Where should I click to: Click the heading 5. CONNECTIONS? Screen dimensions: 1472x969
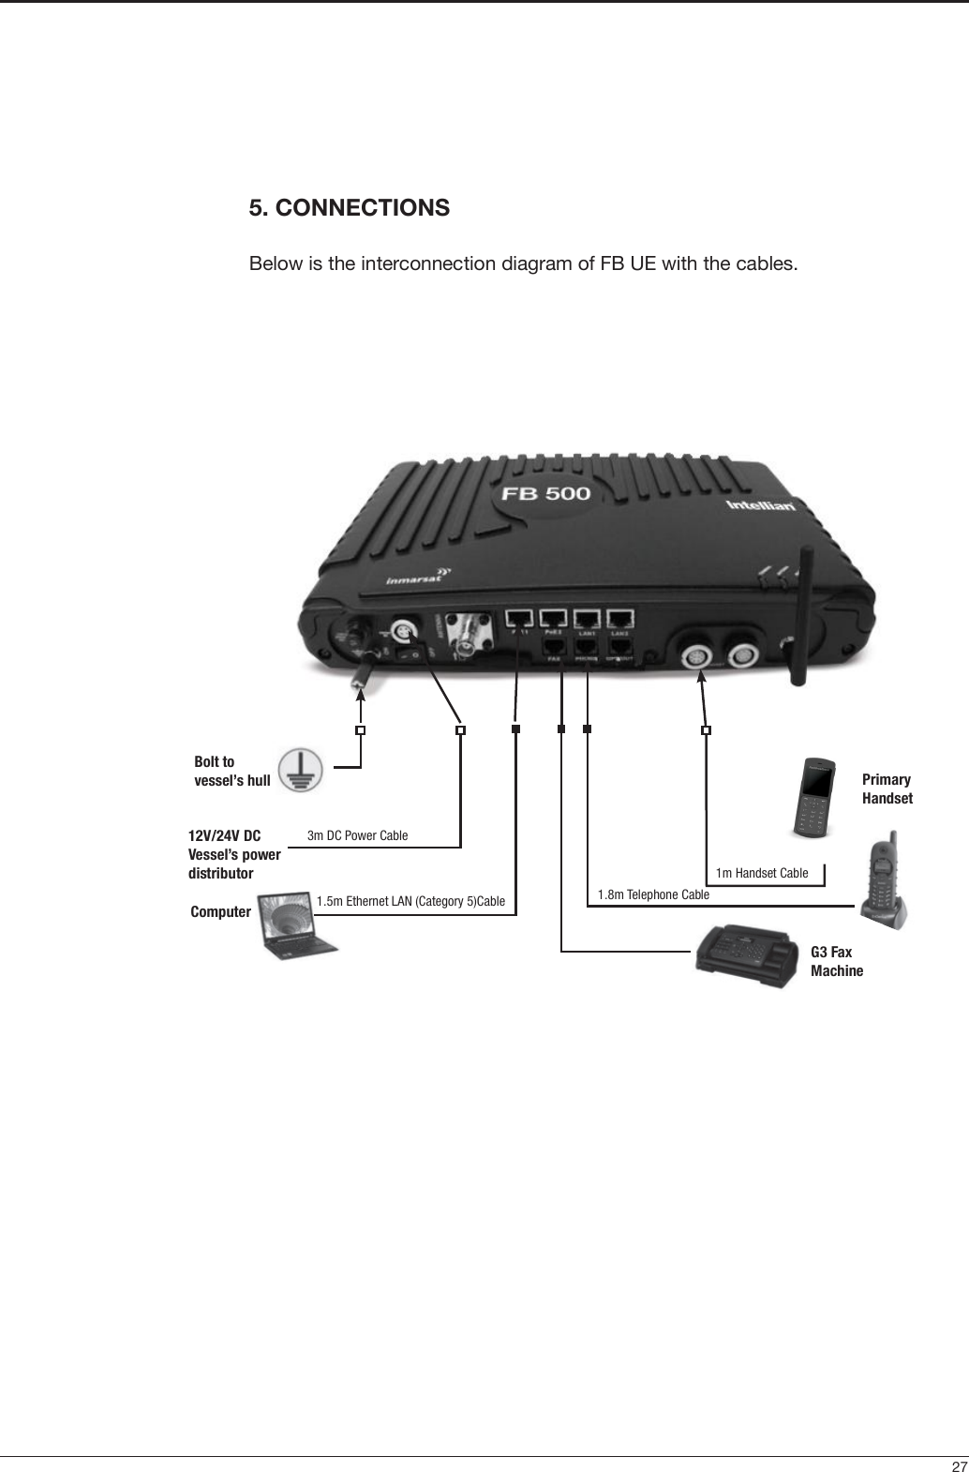pos(349,207)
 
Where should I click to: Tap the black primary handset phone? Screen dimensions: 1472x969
pos(812,796)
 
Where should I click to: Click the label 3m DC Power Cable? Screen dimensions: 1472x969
pos(358,835)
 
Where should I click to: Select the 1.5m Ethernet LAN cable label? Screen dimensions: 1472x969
pos(410,902)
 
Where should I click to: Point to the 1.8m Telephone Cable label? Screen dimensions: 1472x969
pos(653,894)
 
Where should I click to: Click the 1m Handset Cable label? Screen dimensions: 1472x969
pos(761,874)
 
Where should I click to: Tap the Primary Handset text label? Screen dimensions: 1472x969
pos(887,789)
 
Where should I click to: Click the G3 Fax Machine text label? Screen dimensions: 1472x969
pos(837,962)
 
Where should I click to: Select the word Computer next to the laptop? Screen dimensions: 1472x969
pos(220,911)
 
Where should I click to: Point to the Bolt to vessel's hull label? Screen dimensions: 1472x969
pos(231,771)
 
